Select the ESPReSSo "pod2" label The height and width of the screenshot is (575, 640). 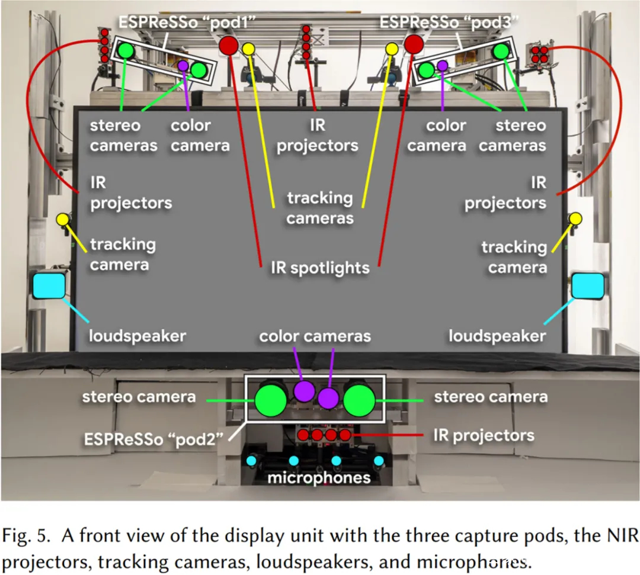(x=153, y=439)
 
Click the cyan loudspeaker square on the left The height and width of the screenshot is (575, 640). (x=49, y=285)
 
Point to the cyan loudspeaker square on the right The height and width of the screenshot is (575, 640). (x=588, y=285)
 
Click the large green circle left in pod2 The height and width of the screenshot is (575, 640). (x=271, y=400)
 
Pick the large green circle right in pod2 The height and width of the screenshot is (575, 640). (x=359, y=400)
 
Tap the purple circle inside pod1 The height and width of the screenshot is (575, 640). (x=183, y=66)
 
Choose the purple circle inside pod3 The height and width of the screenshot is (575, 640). (x=443, y=65)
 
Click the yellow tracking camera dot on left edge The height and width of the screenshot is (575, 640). (x=63, y=219)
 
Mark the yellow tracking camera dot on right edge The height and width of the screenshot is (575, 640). (x=575, y=219)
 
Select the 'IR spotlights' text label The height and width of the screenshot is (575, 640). (x=320, y=268)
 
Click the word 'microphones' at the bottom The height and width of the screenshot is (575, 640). (x=319, y=477)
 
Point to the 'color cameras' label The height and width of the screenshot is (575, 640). (x=315, y=336)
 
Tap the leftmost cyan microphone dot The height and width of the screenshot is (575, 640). (x=251, y=461)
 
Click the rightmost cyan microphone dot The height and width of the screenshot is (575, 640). (x=379, y=461)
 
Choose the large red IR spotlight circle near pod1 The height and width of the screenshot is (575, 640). (x=229, y=45)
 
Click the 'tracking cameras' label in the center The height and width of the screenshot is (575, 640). (x=320, y=208)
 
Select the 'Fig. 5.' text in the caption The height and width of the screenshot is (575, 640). (x=26, y=536)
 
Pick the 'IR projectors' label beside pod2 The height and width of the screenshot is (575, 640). (x=484, y=435)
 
